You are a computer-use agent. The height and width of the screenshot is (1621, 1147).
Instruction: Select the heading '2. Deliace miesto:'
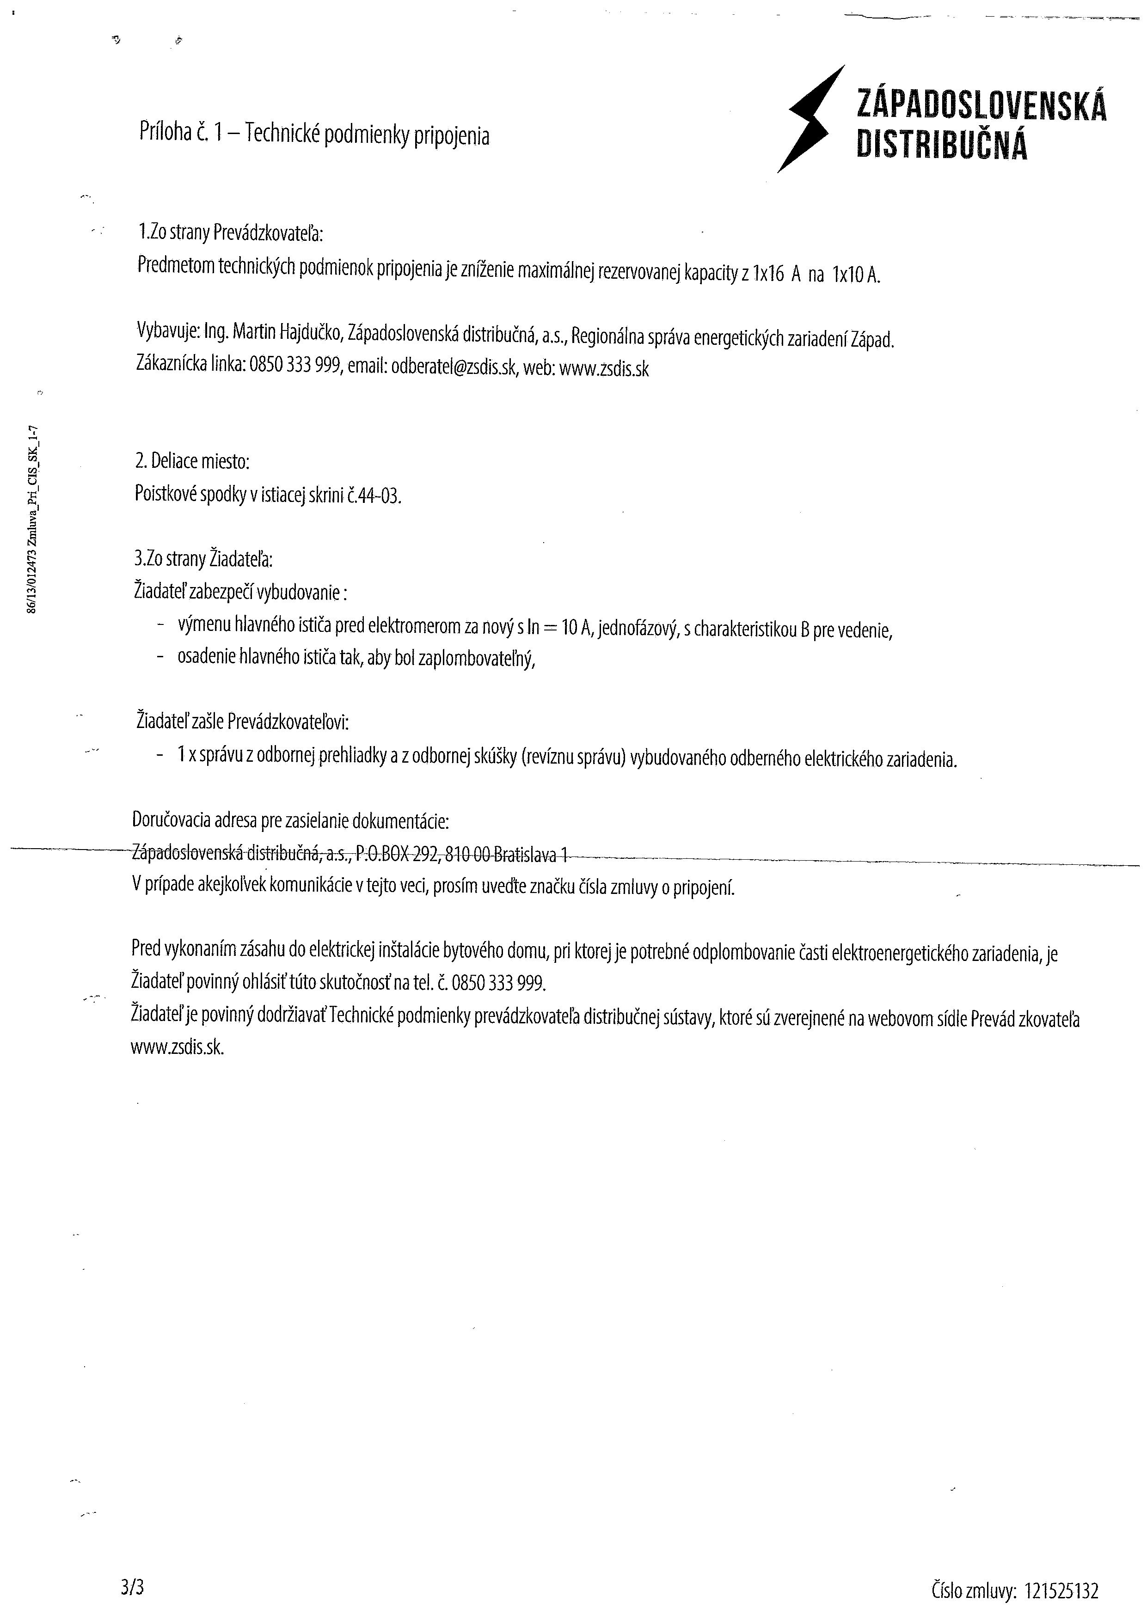(192, 462)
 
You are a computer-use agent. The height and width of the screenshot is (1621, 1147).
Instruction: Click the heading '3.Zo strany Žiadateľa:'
(203, 559)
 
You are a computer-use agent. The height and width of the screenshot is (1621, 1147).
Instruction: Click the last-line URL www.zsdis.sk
(177, 1048)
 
